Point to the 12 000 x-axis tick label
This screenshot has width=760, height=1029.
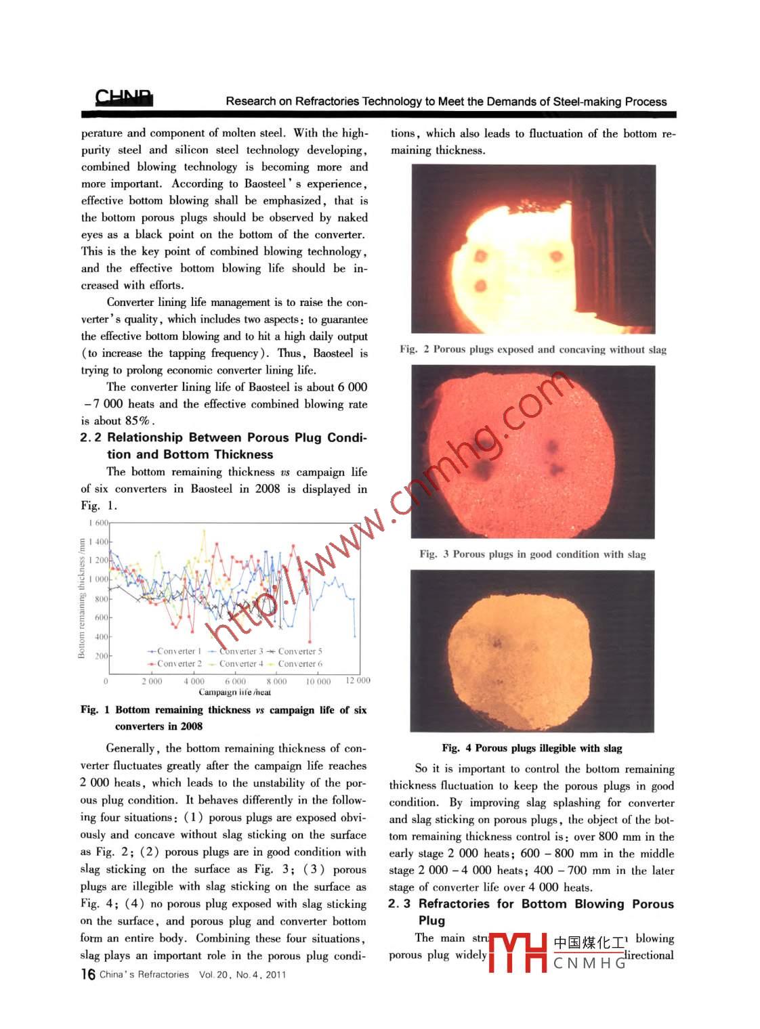[358, 680]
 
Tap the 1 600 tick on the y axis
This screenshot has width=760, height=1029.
[98, 523]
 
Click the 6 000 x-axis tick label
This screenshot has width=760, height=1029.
[235, 681]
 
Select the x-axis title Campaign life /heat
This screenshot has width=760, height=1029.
[234, 692]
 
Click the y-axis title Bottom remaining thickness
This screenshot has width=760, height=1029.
[82, 598]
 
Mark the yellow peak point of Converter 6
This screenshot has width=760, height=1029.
[204, 531]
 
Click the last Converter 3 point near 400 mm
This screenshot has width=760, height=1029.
[356, 636]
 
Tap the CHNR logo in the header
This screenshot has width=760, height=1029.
[124, 98]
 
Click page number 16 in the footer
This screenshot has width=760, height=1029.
[87, 974]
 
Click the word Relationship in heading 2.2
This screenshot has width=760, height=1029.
[145, 437]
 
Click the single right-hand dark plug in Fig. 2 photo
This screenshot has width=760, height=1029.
[557, 257]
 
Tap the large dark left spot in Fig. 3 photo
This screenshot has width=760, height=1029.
[484, 469]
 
